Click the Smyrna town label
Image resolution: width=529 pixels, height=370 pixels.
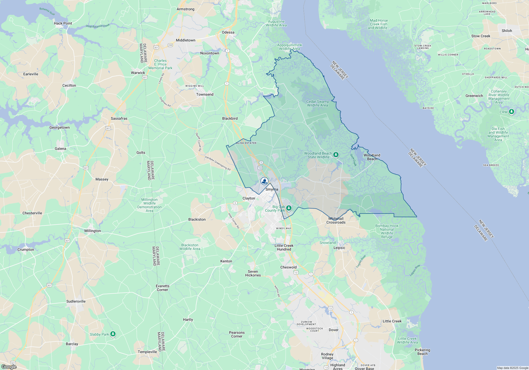click(272, 189)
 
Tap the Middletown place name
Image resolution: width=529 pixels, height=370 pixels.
click(185, 40)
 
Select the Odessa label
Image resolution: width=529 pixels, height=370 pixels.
click(228, 32)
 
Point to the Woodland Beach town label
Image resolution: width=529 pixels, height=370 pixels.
click(372, 157)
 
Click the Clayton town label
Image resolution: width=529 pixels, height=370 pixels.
click(249, 198)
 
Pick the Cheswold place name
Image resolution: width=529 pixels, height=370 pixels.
click(288, 267)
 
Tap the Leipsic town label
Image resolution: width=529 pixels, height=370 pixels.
click(339, 248)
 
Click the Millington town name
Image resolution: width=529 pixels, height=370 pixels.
click(93, 231)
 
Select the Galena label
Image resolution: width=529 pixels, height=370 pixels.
click(60, 149)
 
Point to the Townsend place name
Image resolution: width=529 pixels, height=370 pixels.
click(205, 94)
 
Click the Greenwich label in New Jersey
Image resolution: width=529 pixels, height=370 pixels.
click(474, 96)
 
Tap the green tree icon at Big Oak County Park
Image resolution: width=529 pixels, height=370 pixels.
click(289, 208)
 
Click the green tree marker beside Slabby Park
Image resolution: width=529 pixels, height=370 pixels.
click(113, 334)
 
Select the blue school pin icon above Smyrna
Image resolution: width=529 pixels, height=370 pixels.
click(264, 181)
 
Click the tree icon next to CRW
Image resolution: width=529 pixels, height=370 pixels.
click(512, 112)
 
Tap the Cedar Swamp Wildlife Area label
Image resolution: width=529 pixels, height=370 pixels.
click(317, 103)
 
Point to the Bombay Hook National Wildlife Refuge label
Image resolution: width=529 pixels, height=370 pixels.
click(387, 231)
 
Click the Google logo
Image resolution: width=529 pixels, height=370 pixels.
click(9, 367)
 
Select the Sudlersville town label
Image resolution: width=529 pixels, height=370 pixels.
click(76, 301)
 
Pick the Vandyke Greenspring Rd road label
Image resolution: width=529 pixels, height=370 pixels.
click(218, 163)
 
